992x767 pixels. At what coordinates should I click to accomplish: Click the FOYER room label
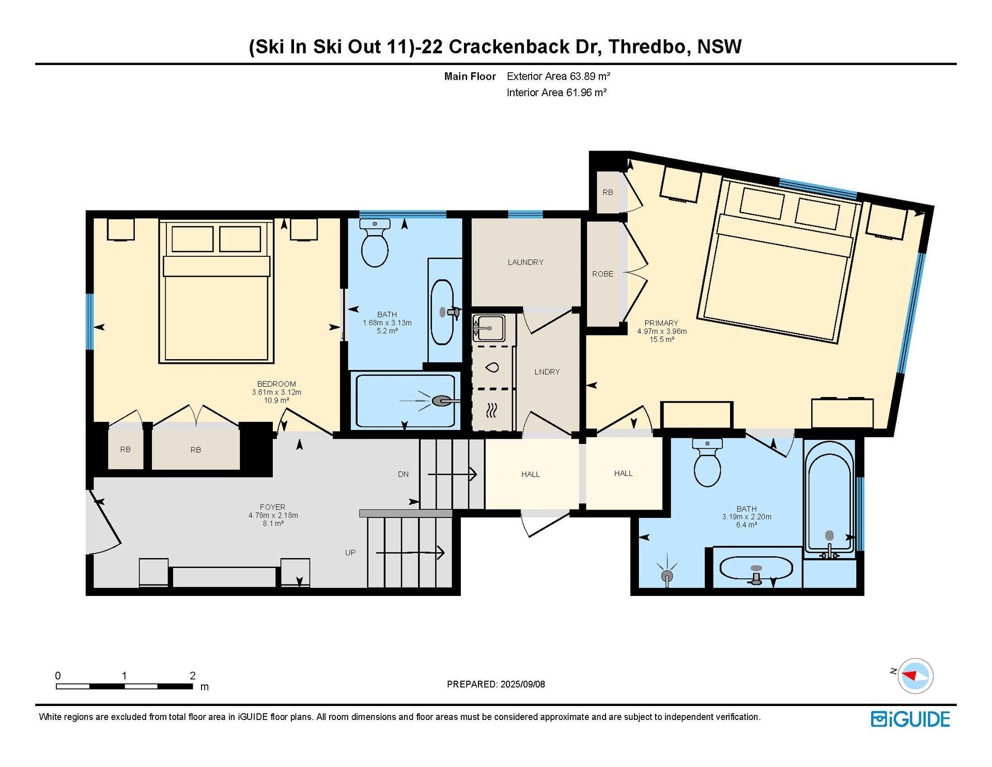click(272, 507)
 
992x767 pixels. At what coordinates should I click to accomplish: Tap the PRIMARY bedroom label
click(661, 323)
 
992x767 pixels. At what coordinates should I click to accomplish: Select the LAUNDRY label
click(525, 262)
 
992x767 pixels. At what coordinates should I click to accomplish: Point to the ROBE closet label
click(603, 274)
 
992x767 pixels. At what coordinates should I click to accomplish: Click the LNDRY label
click(547, 372)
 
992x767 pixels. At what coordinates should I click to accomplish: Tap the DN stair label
click(403, 474)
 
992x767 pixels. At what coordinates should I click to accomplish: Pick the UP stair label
click(350, 553)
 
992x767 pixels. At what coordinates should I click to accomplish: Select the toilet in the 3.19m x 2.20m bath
click(707, 463)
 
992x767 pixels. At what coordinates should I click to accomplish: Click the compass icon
click(916, 676)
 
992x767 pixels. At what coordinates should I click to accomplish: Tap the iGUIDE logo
click(910, 719)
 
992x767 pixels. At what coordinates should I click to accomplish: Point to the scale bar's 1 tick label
click(124, 676)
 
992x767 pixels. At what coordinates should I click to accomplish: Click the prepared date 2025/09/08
click(522, 684)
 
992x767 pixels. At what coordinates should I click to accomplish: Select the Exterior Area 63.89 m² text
click(559, 76)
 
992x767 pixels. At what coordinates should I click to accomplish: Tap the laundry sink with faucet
click(489, 328)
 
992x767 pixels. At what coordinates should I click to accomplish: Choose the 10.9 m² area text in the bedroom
click(276, 401)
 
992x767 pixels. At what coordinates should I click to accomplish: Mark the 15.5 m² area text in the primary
click(662, 340)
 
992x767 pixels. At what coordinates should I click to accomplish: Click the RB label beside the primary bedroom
click(608, 192)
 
